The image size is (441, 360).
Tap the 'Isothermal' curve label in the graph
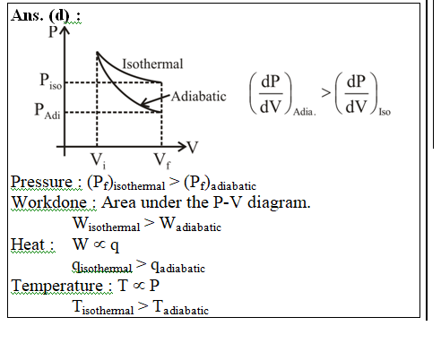[152, 64]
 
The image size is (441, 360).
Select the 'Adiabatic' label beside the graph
[199, 97]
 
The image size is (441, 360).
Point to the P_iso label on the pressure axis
[51, 81]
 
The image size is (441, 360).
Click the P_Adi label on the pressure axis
[48, 111]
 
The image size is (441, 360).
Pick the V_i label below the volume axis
[99, 160]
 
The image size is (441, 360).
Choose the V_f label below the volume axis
[162, 160]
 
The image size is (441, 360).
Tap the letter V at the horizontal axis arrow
[193, 147]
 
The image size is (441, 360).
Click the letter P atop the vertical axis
[53, 31]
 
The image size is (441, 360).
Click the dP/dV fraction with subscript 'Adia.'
[282, 94]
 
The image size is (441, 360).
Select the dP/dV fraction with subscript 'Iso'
[363, 94]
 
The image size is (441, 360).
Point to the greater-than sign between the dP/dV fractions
[326, 93]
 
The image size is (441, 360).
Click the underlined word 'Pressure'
[41, 182]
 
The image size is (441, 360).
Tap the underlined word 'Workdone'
[49, 202]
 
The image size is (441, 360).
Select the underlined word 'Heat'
[28, 244]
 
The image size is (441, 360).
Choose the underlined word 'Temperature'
[57, 286]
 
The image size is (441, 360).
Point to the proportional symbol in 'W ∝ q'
[99, 244]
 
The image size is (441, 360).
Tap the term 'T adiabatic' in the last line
[181, 307]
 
